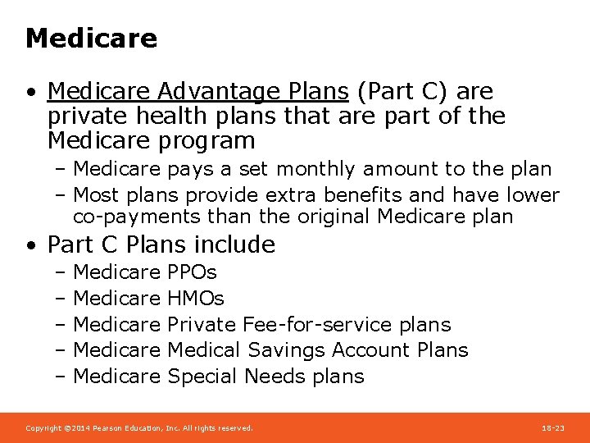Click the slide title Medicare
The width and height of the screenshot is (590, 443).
click(x=91, y=39)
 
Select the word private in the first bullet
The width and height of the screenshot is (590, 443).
click(x=82, y=116)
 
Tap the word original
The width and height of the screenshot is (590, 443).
click(x=336, y=217)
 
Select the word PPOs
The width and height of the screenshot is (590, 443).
click(x=192, y=272)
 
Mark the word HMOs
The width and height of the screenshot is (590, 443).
click(x=195, y=299)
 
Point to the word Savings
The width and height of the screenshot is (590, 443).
click(x=286, y=350)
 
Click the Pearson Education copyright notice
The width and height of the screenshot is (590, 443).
click(x=139, y=428)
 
